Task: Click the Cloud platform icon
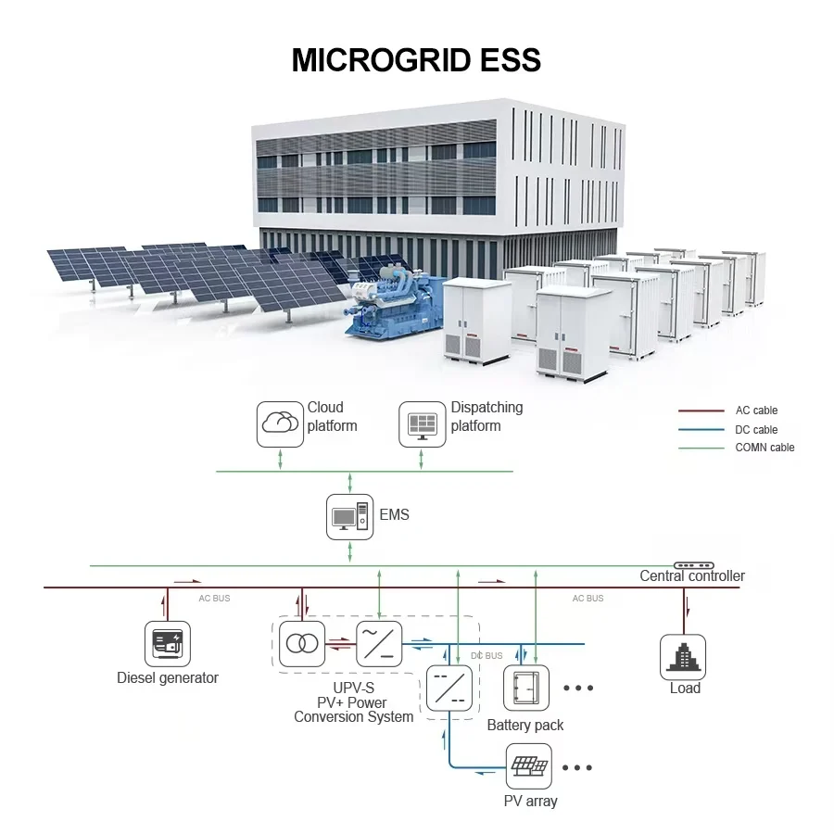coord(280,423)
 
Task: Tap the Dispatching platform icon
coord(422,423)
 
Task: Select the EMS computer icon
coord(349,517)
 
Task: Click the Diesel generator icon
coord(168,643)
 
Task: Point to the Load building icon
coord(683,656)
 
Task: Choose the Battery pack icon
coord(525,688)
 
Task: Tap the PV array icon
coord(527,765)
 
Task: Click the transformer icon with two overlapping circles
coord(302,642)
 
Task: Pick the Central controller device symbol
coord(693,565)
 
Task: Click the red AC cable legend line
coord(701,411)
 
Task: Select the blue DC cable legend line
coord(701,430)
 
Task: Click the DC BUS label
coord(486,656)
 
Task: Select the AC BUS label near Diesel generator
coord(214,599)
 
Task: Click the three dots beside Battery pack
coord(577,689)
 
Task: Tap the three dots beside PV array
coord(577,767)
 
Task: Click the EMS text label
coord(394,514)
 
